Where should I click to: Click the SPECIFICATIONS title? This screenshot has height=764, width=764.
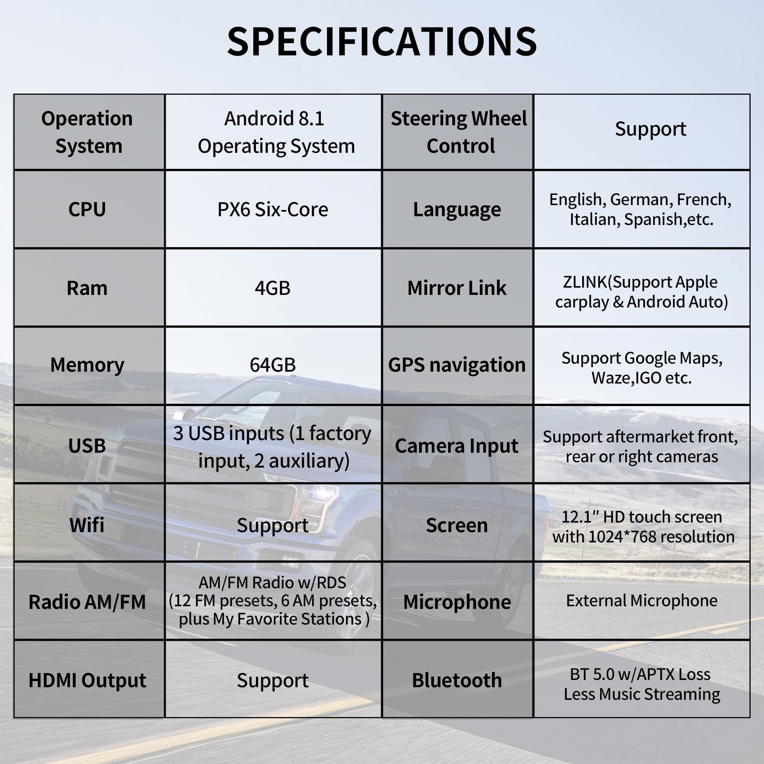coord(382,42)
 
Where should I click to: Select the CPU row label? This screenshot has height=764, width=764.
coord(87,209)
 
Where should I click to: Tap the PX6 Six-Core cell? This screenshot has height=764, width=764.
coord(272,209)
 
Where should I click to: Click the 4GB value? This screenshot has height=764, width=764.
coord(272,288)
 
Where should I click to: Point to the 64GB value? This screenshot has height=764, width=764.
coord(272,364)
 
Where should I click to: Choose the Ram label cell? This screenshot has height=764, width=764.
coord(87,288)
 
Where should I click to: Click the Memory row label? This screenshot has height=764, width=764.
coord(87,365)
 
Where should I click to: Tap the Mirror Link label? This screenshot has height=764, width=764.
coord(457,288)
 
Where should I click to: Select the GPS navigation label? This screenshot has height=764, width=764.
coord(457,365)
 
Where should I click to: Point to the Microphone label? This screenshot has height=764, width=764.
coord(457,602)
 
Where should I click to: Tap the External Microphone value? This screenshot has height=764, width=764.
coord(641,601)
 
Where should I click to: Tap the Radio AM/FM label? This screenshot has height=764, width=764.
coord(87,602)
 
